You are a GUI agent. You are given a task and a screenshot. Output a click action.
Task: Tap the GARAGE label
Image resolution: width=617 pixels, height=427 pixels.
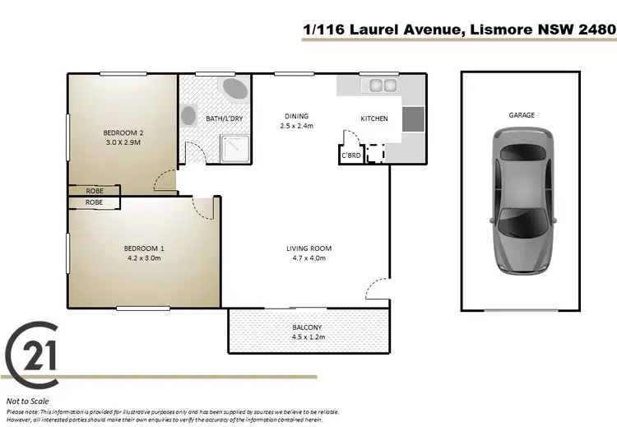tap(522, 115)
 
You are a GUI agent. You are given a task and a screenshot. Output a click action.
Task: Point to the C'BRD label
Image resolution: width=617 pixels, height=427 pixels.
tap(350, 154)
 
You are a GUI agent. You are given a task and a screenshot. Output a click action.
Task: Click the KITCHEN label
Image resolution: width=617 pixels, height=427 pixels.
tap(374, 118)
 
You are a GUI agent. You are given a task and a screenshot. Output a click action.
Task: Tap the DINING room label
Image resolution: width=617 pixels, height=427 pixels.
tap(296, 116)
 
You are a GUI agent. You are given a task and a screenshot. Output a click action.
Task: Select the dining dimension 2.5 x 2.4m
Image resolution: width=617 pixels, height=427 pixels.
tap(296, 126)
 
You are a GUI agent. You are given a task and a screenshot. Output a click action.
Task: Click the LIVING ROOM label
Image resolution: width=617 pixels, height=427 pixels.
tap(308, 248)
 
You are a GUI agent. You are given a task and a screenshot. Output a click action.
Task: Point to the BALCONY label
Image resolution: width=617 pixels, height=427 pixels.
tap(309, 327)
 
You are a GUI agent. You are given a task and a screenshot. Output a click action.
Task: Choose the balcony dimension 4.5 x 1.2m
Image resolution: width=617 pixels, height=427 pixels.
tap(309, 337)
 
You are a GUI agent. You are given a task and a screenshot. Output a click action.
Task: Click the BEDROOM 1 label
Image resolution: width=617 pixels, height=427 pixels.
tap(144, 248)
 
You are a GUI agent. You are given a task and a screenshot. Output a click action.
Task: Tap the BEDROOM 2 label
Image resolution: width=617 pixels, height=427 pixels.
tap(123, 132)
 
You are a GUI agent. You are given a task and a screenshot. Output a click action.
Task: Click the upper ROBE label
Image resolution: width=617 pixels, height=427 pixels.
tap(95, 190)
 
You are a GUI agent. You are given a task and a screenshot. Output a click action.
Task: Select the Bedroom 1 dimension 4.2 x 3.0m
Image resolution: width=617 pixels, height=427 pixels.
tap(144, 258)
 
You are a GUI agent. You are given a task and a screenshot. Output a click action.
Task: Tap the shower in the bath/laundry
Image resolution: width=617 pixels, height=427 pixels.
tap(234, 146)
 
